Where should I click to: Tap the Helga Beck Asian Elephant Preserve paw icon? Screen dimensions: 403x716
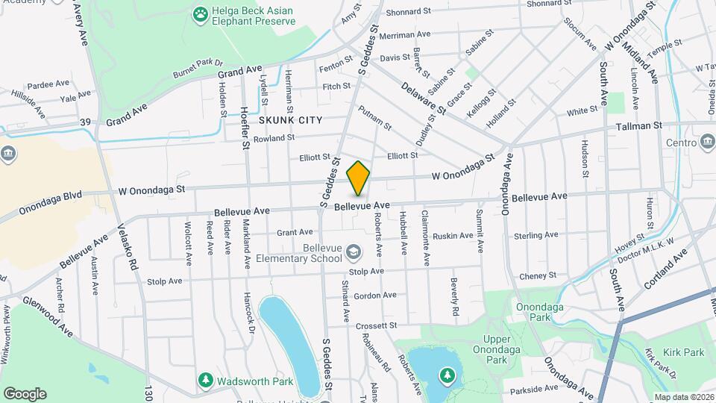pos(200,13)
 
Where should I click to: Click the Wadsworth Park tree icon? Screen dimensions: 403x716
pos(205,381)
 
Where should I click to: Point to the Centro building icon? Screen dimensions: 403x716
pos(706,142)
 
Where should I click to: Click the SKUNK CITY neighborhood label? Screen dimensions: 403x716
pos(291,120)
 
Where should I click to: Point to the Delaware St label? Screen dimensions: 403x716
pos(423,98)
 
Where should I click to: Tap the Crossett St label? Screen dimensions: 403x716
pos(374,326)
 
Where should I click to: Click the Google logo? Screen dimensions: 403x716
pos(25,394)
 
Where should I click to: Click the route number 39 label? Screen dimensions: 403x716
pos(86,122)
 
